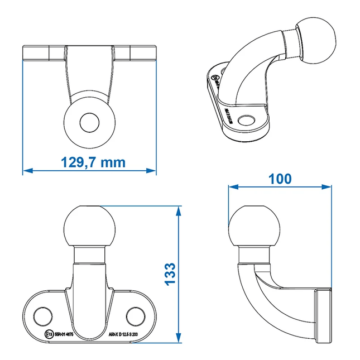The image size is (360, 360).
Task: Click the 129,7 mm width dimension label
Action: [x=92, y=162]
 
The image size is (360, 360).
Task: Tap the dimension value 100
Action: [x=279, y=179]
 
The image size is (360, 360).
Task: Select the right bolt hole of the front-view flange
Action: [x=135, y=315]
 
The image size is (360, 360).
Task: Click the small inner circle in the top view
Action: [x=88, y=122]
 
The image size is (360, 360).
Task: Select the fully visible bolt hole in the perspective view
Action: [x=247, y=119]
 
